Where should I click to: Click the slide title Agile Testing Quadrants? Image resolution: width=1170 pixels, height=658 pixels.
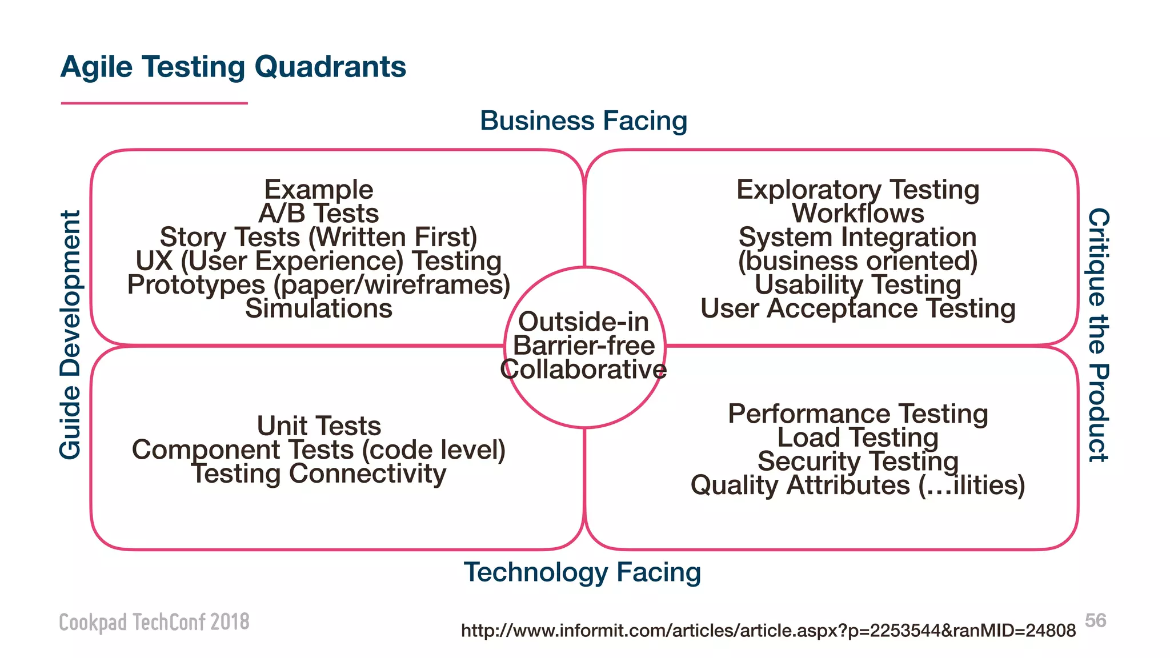tap(233, 67)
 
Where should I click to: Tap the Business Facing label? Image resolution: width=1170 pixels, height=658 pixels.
tap(583, 121)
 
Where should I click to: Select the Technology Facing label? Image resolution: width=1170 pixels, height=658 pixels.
tap(582, 572)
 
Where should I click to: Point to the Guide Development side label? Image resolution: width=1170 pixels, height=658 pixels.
tap(71, 335)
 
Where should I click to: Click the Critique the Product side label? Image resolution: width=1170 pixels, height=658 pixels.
tap(1097, 335)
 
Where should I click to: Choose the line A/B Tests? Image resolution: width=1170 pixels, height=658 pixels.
tap(319, 214)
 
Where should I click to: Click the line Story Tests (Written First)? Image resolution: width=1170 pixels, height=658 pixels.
tap(319, 237)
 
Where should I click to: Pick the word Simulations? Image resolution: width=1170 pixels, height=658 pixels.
tap(319, 308)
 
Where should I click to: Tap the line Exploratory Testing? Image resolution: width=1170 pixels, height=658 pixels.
tap(858, 190)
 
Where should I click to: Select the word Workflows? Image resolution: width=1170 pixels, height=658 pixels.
tap(858, 214)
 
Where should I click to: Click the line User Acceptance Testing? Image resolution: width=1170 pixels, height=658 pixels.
tap(858, 308)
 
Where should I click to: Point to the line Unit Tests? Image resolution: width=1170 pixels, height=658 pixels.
tap(319, 426)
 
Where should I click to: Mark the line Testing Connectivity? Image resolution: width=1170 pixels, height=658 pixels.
tap(319, 474)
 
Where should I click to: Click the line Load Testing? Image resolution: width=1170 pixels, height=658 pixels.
tap(858, 438)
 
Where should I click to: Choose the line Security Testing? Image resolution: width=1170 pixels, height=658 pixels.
tap(858, 462)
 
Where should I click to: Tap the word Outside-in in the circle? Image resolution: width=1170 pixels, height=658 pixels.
tap(583, 322)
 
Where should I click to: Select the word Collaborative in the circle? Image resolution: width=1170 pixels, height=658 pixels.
tap(583, 370)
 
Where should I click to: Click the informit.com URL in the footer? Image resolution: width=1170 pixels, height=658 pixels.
tap(768, 631)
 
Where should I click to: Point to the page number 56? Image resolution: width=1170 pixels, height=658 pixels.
tap(1095, 620)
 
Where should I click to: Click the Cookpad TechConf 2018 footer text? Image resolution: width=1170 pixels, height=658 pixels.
tap(154, 622)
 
